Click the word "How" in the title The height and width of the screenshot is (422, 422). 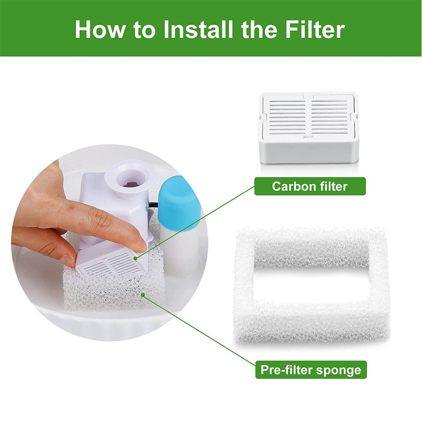click(100, 29)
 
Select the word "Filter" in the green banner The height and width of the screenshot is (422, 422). click(315, 29)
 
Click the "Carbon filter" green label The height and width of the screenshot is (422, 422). click(310, 186)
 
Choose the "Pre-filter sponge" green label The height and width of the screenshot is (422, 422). click(311, 370)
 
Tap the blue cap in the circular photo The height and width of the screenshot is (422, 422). click(178, 204)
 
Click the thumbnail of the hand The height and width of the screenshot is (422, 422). click(67, 260)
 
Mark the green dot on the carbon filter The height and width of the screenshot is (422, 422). click(135, 259)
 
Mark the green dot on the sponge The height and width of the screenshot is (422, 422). click(143, 295)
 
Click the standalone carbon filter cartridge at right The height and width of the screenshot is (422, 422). click(309, 128)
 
